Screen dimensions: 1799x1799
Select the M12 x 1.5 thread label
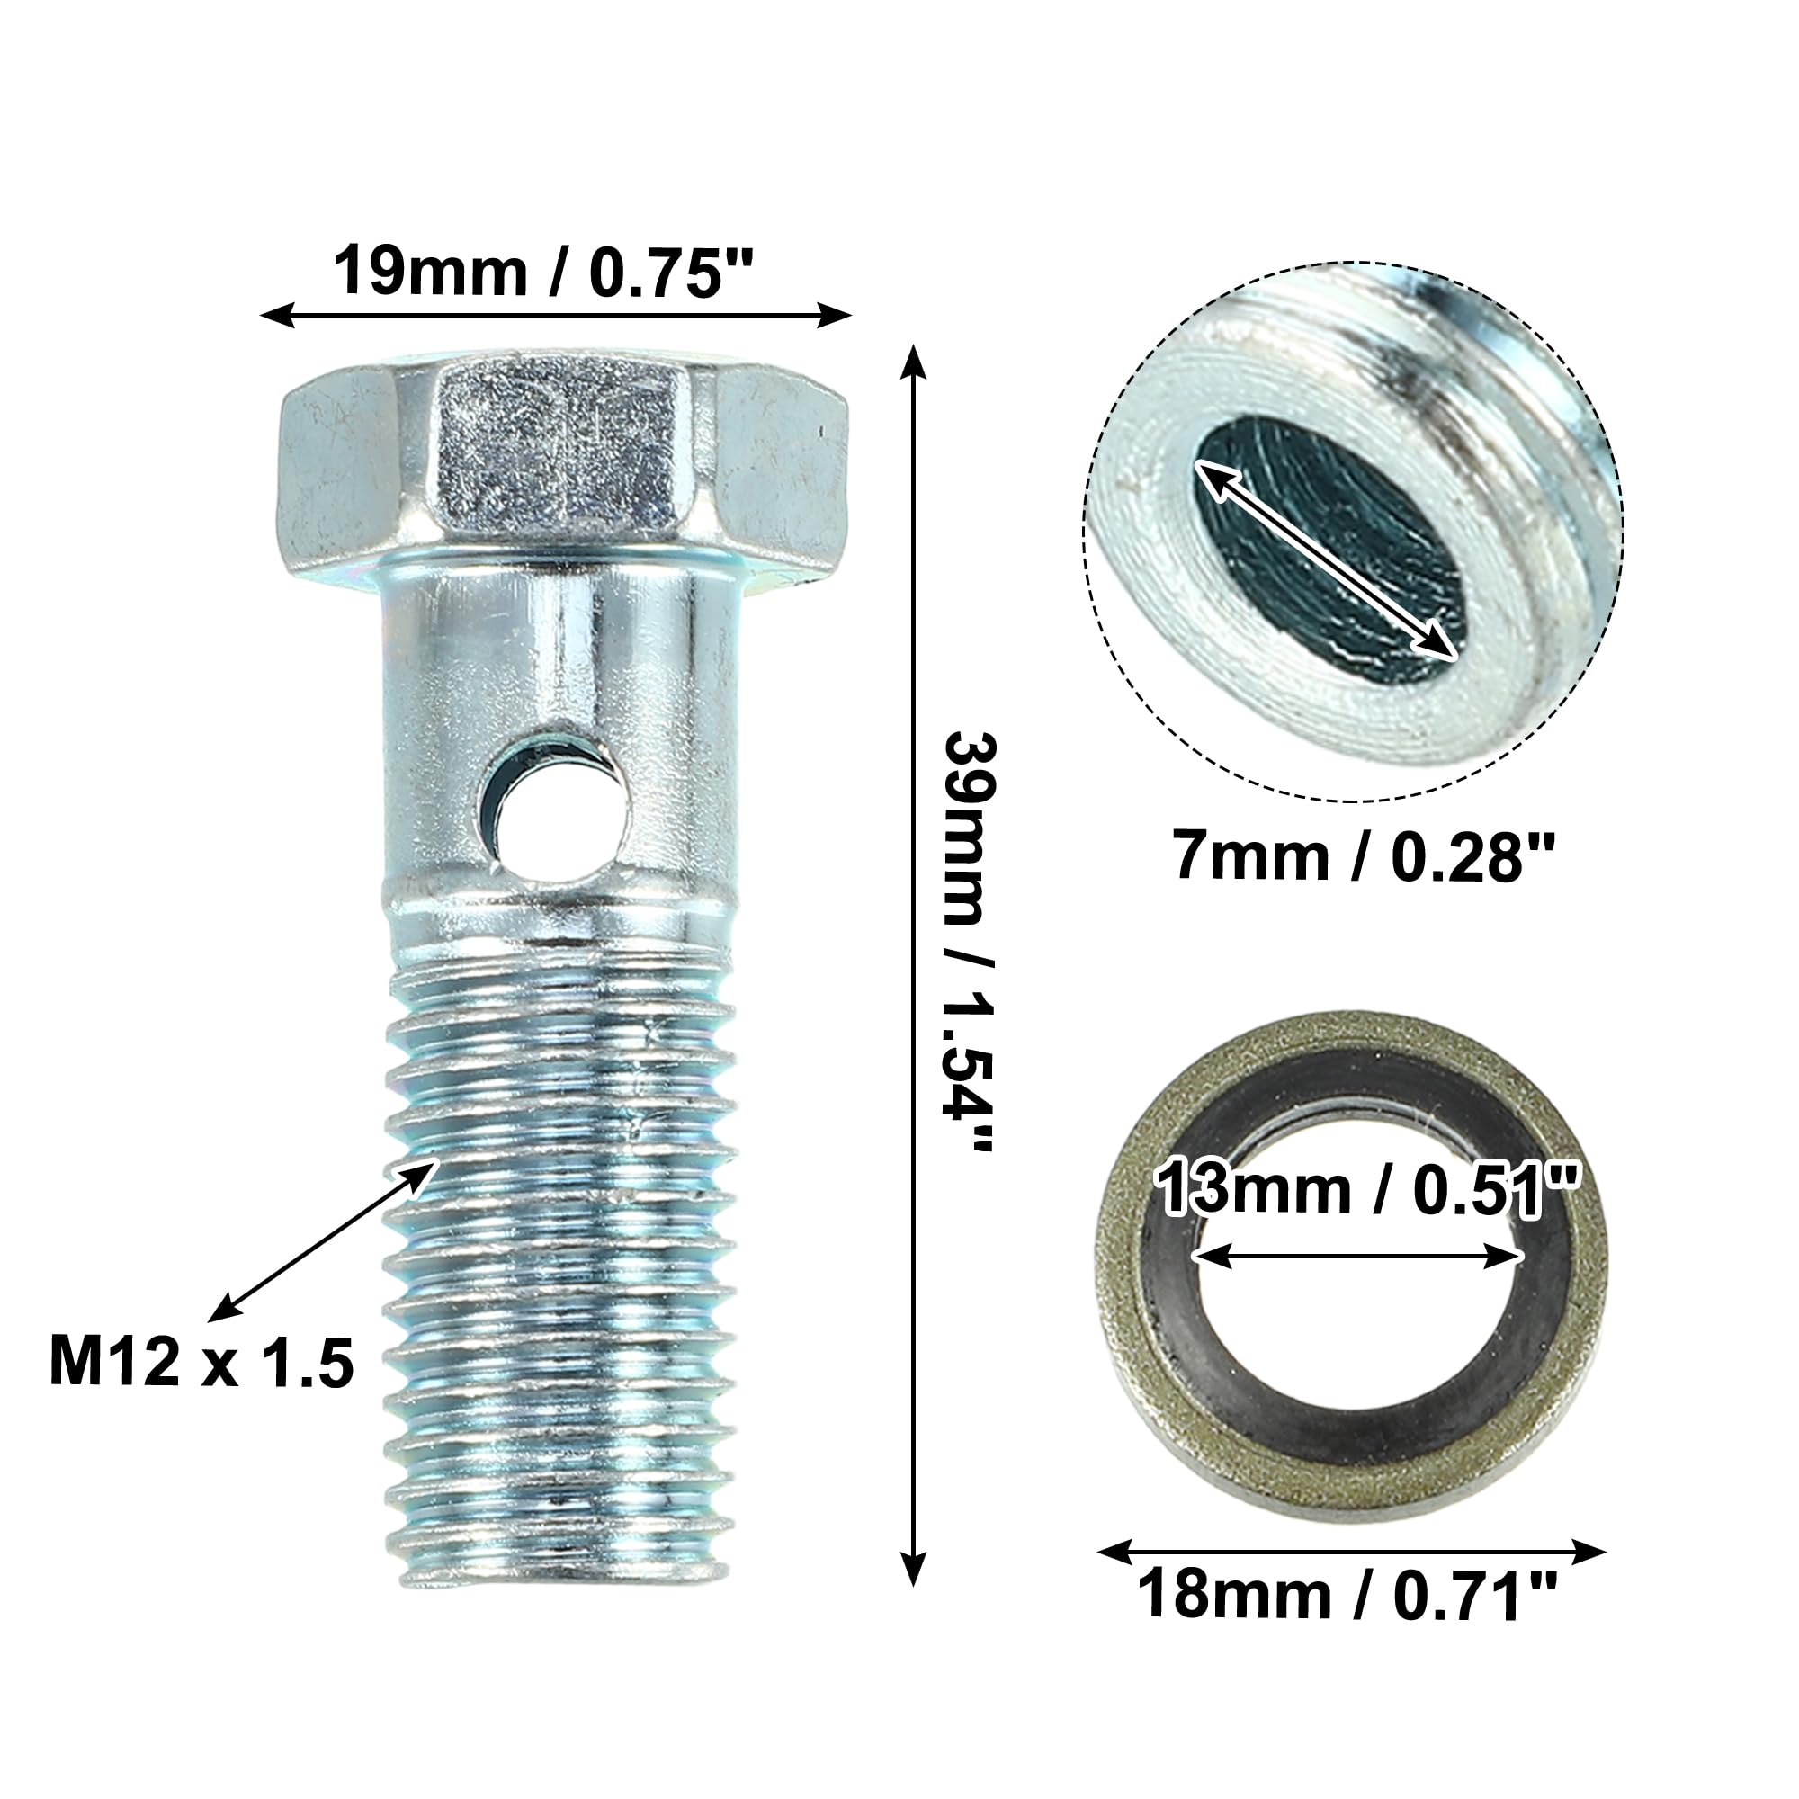[201, 1365]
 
